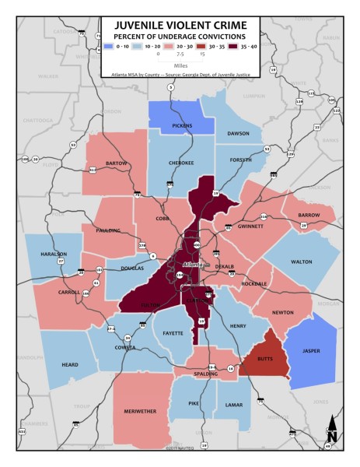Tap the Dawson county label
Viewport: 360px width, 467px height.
point(238,133)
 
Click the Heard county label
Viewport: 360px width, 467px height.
point(69,363)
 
